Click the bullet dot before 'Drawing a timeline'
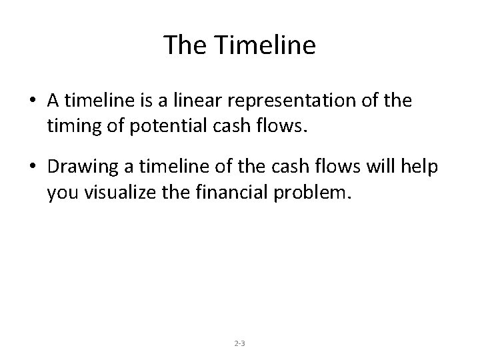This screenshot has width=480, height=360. (33, 168)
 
